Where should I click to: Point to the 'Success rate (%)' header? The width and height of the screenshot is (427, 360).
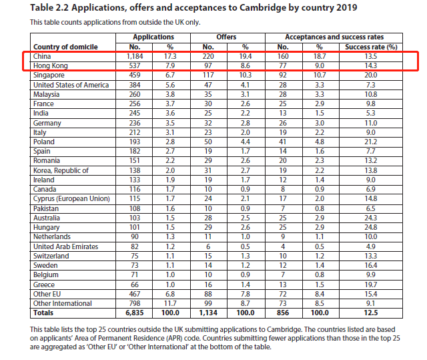pos(371,47)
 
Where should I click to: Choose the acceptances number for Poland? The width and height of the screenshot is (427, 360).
pos(283,142)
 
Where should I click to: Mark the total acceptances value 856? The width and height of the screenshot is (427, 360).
pos(283,313)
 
